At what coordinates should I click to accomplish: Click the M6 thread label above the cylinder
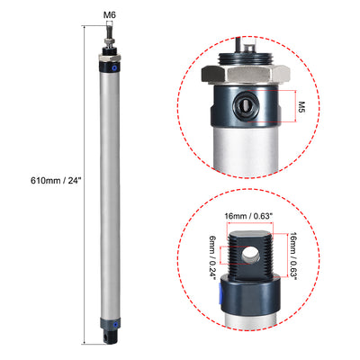[108, 13]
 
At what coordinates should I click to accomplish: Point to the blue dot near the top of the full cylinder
[112, 67]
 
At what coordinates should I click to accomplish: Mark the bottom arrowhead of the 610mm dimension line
[84, 343]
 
